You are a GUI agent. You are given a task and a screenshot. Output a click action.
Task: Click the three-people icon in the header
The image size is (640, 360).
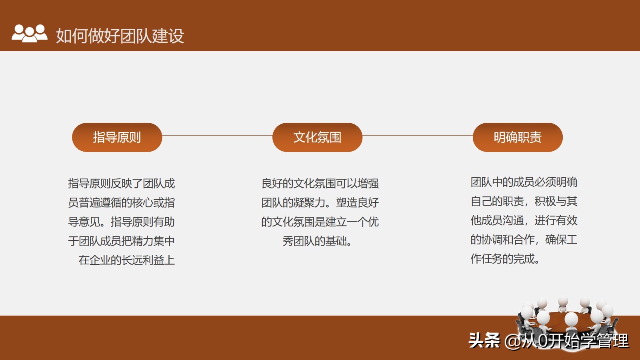29,34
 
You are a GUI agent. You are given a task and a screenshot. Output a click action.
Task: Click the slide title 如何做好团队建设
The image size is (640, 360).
120,36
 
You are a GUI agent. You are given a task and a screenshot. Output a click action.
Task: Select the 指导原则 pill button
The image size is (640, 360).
117,137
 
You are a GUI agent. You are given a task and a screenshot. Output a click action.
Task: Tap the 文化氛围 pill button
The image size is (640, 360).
317,137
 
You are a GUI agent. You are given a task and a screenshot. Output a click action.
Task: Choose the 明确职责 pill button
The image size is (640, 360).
518,137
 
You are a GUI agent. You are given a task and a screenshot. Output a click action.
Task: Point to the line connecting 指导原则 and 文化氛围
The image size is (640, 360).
217,136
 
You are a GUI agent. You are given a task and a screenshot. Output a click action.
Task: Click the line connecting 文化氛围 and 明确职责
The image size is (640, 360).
418,136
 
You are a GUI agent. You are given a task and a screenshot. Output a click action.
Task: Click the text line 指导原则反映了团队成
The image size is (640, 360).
122,184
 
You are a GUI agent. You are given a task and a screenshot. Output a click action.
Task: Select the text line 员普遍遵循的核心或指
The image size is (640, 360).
122,203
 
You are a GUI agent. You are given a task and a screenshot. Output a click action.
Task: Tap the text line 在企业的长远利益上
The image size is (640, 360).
127,260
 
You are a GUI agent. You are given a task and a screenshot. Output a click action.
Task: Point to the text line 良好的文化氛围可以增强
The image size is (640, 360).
320,184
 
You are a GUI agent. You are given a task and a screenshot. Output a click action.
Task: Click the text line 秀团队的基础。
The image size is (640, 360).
317,241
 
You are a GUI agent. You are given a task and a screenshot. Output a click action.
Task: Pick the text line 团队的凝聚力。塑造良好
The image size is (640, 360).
320,203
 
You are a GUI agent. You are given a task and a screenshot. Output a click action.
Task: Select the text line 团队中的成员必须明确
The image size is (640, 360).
524,182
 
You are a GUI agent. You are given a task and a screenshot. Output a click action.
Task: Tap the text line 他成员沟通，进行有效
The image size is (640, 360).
524,221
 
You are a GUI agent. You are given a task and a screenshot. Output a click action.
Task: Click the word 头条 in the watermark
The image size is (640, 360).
484,341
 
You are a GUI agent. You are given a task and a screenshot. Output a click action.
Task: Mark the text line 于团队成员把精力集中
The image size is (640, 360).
122,241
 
